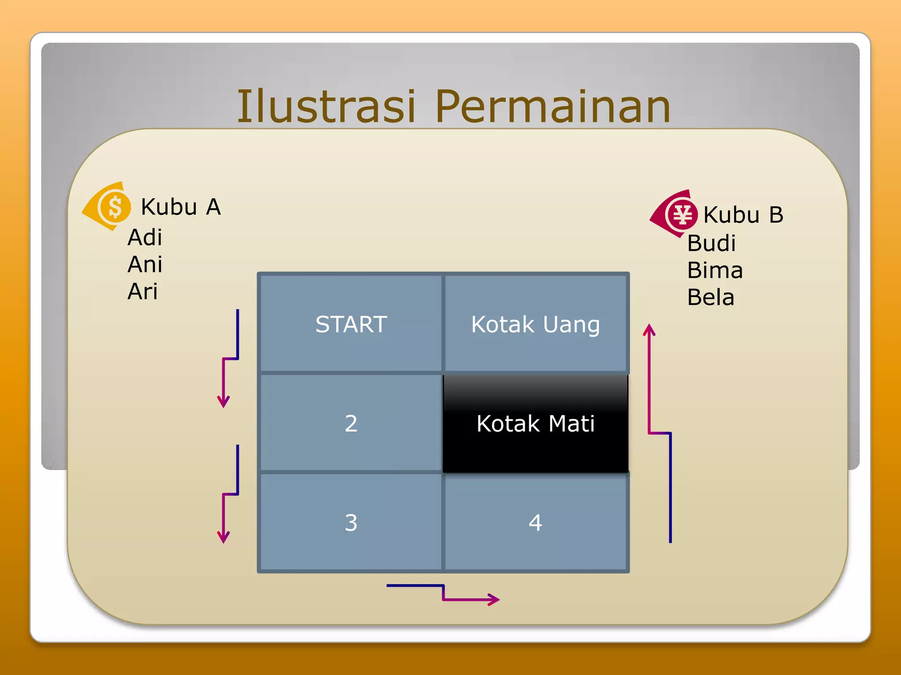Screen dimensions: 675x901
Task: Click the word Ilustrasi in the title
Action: coord(326,106)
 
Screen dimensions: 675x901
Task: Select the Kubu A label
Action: coord(180,207)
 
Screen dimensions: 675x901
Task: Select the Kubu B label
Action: coord(743,215)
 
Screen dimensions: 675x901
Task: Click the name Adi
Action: coord(145,238)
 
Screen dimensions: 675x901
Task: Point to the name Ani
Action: coord(145,265)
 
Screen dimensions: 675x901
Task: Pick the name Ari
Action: coord(143,291)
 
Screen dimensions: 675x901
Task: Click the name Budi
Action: coord(711,243)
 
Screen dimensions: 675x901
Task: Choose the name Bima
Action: coord(715,270)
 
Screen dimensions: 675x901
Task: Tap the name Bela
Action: coord(711,298)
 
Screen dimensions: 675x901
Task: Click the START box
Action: coord(351,324)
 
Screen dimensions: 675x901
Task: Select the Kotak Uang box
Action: coord(535,324)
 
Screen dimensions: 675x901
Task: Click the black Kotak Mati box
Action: coord(535,424)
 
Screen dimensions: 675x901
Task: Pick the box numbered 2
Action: coord(351,424)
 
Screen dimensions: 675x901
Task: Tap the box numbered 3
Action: coord(351,523)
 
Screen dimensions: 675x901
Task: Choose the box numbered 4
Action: coord(535,523)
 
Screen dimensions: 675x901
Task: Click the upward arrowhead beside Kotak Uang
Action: coord(649,330)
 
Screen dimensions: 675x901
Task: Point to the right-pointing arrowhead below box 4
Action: coord(494,599)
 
